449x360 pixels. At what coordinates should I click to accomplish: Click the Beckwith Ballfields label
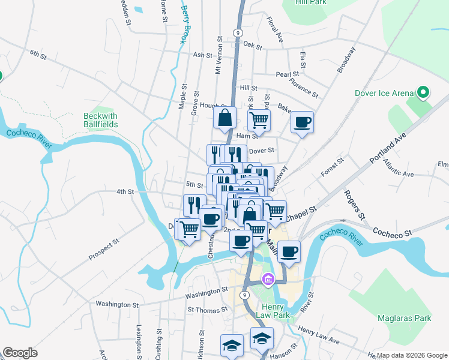(x=100, y=120)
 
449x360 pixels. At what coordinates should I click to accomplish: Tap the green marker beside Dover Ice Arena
(x=423, y=92)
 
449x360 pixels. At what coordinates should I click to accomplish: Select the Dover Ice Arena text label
(x=384, y=93)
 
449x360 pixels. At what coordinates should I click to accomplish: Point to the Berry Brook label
(x=184, y=25)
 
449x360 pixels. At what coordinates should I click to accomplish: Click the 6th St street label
(x=38, y=55)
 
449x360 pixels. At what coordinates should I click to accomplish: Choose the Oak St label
(x=253, y=46)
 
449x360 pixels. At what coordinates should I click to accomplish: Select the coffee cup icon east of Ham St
(x=302, y=122)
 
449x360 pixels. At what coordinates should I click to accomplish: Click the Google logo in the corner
(x=20, y=353)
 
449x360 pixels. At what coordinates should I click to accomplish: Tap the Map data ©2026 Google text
(x=412, y=355)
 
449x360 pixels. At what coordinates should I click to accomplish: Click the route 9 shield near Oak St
(x=238, y=32)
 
